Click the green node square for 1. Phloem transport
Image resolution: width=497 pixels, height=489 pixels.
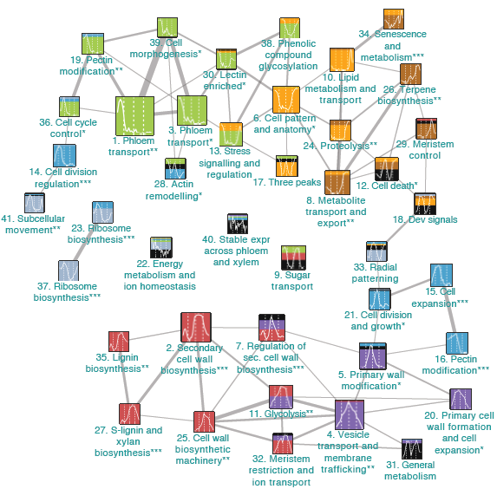[x=134, y=115]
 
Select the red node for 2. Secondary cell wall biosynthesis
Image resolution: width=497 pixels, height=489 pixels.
[x=196, y=328]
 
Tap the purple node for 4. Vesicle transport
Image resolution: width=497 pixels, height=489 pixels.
[x=350, y=414]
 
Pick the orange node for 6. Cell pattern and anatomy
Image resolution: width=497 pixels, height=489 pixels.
[x=286, y=99]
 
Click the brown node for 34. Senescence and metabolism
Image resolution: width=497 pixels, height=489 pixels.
[x=394, y=19]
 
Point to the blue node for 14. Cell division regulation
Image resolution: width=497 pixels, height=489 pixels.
[x=64, y=155]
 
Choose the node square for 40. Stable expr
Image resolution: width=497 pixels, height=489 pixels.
[x=238, y=224]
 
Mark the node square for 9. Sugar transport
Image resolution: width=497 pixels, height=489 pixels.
[x=293, y=258]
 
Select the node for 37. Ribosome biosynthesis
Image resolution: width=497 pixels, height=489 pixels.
[x=69, y=271]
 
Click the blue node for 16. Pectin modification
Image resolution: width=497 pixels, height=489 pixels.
[x=457, y=343]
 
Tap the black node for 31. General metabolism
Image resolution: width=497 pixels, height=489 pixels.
[x=412, y=449]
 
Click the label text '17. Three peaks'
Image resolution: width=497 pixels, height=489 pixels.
[x=287, y=182]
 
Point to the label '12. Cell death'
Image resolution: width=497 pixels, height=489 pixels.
[x=387, y=186]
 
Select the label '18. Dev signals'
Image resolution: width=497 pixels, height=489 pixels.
[x=425, y=219]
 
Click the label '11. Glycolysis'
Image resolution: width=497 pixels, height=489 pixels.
[x=281, y=414]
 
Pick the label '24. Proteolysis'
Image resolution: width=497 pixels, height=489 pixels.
[x=340, y=146]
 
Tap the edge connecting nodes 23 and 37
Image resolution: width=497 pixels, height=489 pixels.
[x=85, y=242]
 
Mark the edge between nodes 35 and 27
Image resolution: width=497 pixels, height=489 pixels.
[x=124, y=377]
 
